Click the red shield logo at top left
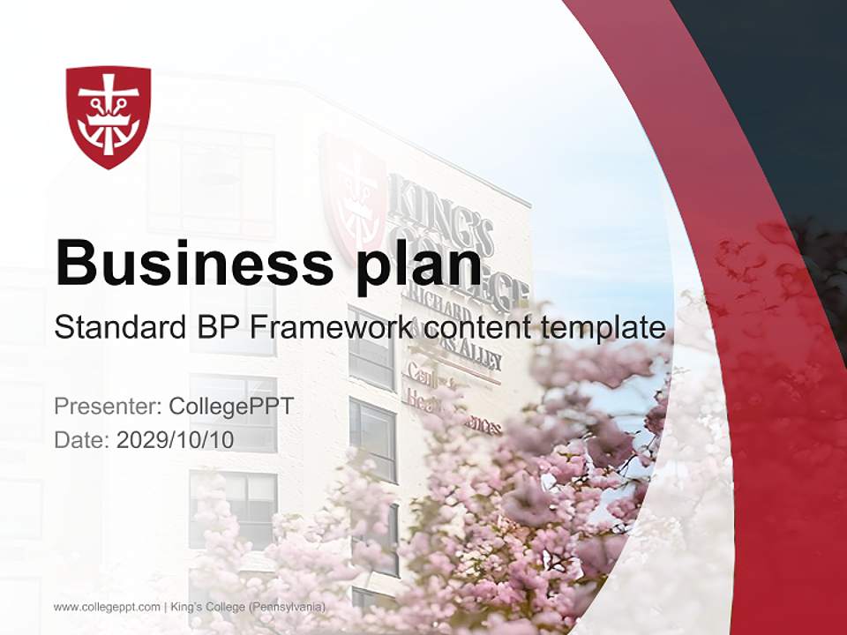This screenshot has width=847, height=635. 109,116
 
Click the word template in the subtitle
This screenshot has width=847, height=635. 604,327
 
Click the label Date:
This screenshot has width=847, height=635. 82,439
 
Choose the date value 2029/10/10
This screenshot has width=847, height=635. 176,439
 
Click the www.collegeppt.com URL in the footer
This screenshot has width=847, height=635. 107,607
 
